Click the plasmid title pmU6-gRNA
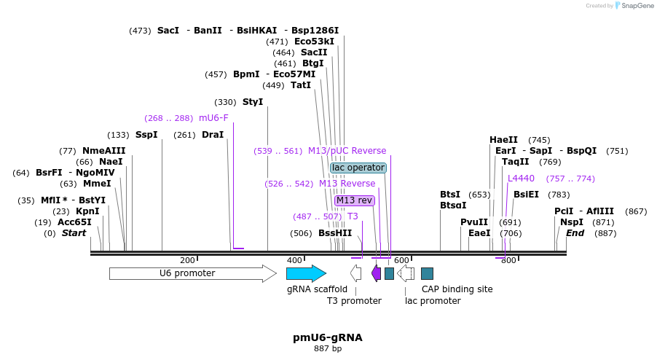click(x=328, y=337)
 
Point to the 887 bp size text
click(x=328, y=349)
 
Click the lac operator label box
click(x=358, y=168)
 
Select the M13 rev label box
click(x=355, y=200)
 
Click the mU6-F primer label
click(x=213, y=118)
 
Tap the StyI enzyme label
click(x=253, y=102)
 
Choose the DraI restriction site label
click(x=213, y=135)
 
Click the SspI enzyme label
click(x=146, y=135)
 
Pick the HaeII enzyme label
click(x=504, y=140)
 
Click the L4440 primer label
click(x=522, y=179)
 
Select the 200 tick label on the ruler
click(x=188, y=260)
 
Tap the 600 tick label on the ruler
click(x=402, y=260)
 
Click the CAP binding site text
click(x=457, y=289)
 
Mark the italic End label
click(x=575, y=233)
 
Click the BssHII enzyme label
click(x=335, y=233)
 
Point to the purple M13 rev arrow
click(x=376, y=273)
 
